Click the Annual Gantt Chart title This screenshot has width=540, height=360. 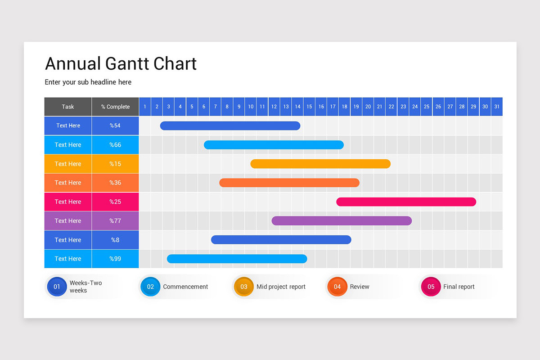121,63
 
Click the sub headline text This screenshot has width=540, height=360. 88,82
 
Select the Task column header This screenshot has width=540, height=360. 68,107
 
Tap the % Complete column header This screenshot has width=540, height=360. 115,107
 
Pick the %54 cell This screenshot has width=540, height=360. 115,126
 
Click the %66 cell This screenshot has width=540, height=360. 115,145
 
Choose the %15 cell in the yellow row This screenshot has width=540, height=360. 115,164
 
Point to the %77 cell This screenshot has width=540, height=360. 115,221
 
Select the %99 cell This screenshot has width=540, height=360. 115,259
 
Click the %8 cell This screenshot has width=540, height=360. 115,240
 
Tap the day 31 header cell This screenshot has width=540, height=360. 497,107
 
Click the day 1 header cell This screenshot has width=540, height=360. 145,107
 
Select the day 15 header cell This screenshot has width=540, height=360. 309,107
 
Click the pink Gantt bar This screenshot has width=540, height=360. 406,202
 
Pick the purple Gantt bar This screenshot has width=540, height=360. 342,220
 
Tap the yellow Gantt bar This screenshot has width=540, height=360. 320,164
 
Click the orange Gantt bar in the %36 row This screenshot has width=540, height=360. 289,183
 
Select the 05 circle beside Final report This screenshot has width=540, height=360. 431,287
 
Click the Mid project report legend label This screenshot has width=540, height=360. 281,287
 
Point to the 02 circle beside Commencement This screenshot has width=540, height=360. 150,287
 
